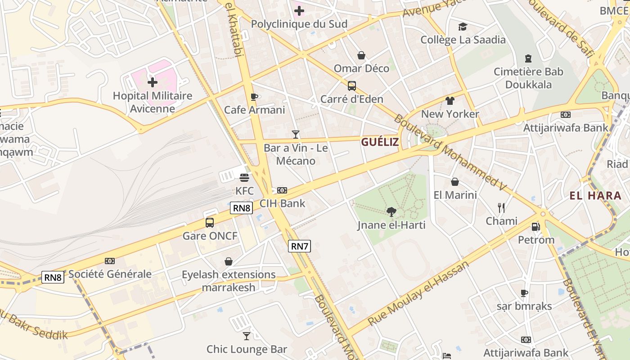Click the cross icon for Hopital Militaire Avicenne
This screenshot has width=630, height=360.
(153, 82)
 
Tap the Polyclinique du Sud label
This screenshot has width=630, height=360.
(299, 24)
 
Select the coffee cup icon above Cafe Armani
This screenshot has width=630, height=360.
(254, 97)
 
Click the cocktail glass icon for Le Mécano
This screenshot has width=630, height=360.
(296, 134)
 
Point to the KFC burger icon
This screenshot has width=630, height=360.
(244, 178)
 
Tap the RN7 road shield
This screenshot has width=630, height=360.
(299, 246)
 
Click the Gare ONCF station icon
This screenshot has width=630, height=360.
(210, 222)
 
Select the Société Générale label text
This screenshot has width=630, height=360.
(110, 274)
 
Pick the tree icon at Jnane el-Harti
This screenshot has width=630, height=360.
(391, 211)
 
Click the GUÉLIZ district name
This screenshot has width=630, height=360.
(380, 142)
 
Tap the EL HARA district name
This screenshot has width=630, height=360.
(595, 196)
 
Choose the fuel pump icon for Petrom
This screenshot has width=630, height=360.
(535, 227)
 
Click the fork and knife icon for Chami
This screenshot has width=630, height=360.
(501, 207)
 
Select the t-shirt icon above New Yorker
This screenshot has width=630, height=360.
(450, 100)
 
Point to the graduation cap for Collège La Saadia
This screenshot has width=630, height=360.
(463, 27)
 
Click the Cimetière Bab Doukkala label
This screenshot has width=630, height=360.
(528, 78)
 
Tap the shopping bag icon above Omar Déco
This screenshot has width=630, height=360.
(361, 55)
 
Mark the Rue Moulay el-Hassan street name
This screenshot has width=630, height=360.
(418, 293)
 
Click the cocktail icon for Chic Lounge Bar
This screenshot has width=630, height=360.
(247, 336)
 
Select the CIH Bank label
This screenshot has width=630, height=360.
(282, 203)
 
